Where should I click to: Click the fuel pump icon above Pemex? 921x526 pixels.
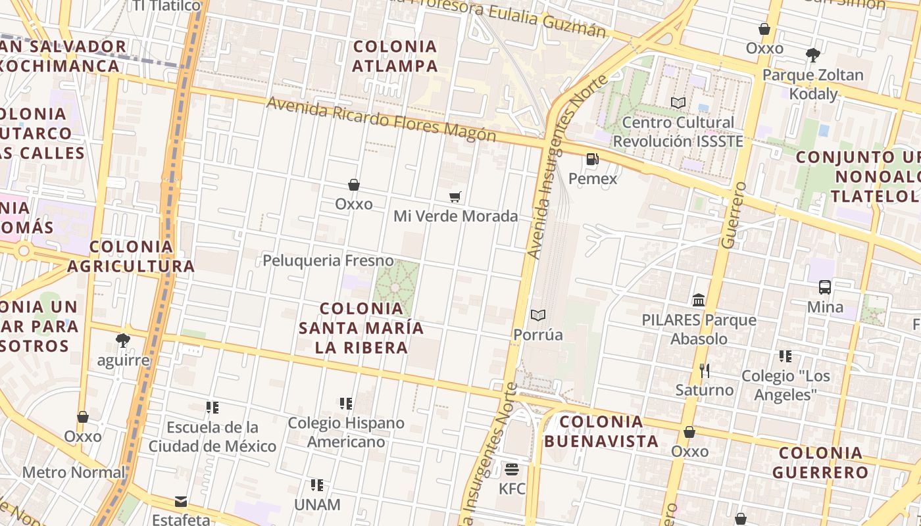(592, 158)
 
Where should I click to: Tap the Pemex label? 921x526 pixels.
(593, 179)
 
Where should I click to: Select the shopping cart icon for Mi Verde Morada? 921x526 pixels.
(455, 197)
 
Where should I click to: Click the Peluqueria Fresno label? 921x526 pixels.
(328, 261)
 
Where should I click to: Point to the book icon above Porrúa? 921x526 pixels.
(538, 315)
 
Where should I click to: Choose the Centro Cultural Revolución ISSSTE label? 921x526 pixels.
(678, 132)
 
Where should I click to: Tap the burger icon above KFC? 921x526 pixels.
(512, 469)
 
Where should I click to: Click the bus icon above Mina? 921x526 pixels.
(825, 287)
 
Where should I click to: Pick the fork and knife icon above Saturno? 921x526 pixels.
(705, 371)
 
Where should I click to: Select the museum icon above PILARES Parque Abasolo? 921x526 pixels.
(699, 300)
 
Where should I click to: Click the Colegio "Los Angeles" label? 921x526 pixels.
(785, 385)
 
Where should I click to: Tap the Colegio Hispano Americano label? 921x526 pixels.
(346, 432)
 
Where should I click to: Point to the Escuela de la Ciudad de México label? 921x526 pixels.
(212, 437)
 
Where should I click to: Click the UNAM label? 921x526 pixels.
(317, 505)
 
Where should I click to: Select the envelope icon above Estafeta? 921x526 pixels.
(181, 502)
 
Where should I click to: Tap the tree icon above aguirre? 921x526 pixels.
(122, 340)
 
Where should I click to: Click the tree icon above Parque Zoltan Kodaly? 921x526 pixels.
(812, 55)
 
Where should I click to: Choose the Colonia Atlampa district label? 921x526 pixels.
(395, 56)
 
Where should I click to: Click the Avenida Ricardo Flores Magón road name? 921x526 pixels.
(381, 120)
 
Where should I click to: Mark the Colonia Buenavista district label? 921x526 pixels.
(601, 431)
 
